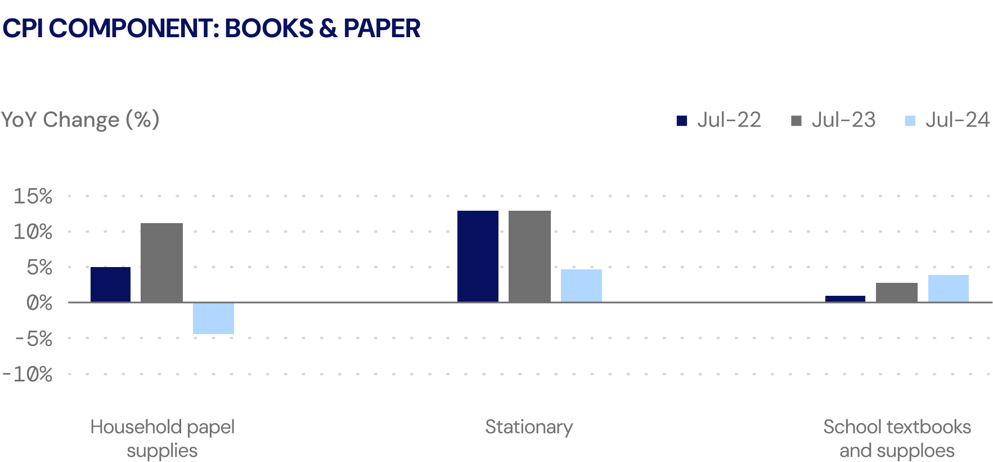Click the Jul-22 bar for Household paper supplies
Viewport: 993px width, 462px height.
(110, 285)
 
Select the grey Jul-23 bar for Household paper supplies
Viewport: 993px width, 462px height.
(161, 263)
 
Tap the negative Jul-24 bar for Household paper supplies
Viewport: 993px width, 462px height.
(213, 318)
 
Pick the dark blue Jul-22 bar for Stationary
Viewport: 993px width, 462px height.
(478, 256)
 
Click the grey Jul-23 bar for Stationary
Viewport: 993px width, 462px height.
(529, 256)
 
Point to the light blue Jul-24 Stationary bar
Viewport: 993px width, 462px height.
(581, 286)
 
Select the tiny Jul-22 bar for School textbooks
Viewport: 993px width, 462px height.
(845, 299)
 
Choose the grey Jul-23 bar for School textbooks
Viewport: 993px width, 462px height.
(897, 292)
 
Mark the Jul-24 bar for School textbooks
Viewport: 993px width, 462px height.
(949, 288)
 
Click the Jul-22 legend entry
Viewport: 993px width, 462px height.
(719, 120)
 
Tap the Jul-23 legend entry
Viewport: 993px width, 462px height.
(834, 120)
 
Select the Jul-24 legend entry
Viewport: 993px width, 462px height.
(947, 120)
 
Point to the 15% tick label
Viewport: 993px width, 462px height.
(33, 196)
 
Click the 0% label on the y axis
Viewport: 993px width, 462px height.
(39, 303)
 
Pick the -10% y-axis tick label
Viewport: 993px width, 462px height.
(27, 374)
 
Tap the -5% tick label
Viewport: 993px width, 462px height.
(33, 339)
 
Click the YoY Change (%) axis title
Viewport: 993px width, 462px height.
(80, 120)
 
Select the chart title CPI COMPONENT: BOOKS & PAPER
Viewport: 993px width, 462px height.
(211, 28)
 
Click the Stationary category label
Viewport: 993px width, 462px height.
(529, 427)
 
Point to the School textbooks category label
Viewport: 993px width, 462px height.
(897, 438)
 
